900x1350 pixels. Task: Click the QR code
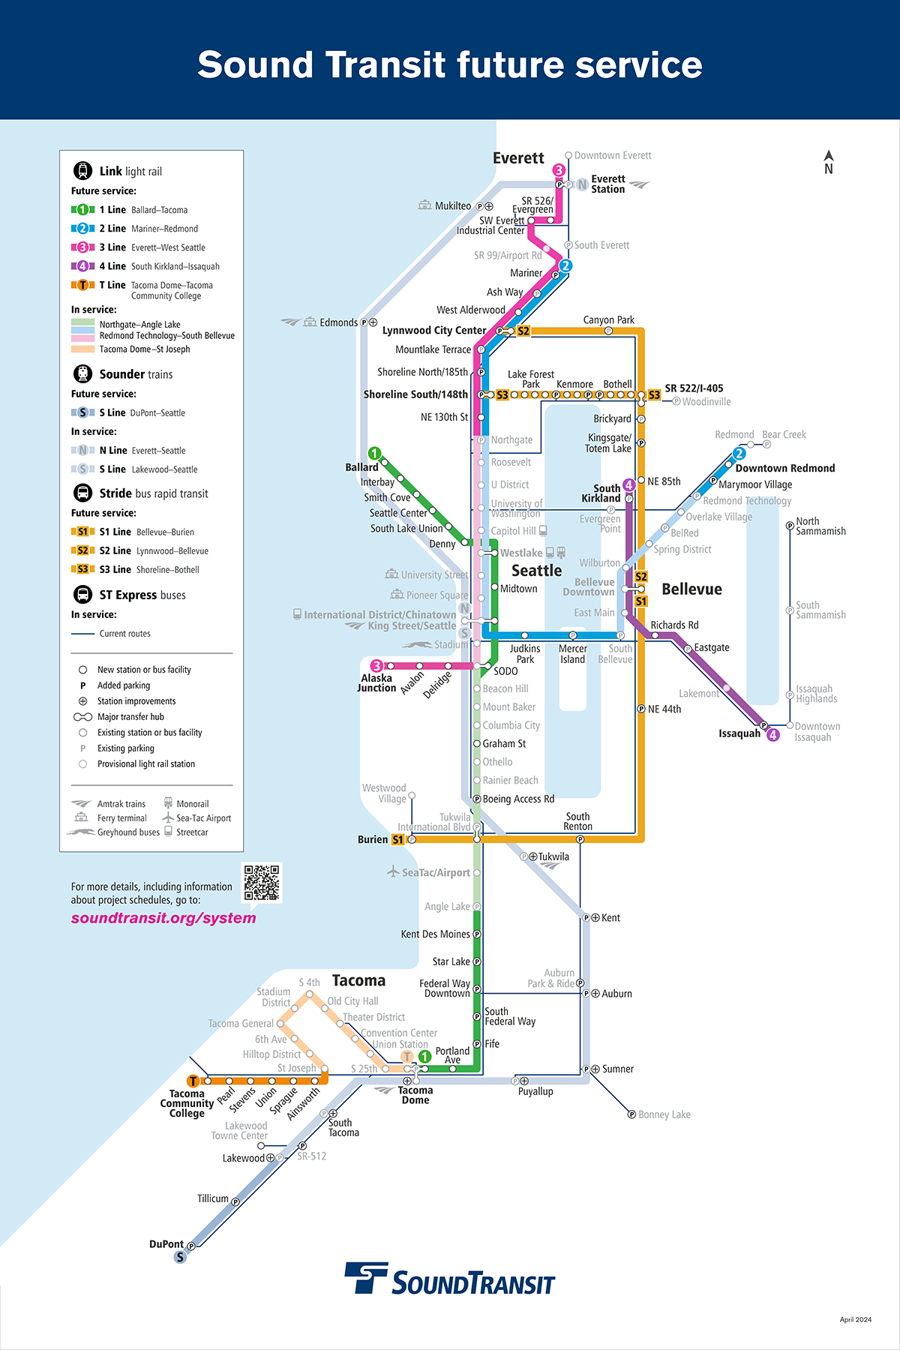pyautogui.click(x=262, y=882)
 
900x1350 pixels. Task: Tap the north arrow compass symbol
pyautogui.click(x=829, y=162)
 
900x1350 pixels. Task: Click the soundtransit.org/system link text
pyautogui.click(x=163, y=918)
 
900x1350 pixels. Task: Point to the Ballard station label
pyautogui.click(x=361, y=467)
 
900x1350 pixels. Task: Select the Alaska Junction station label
pyautogui.click(x=376, y=683)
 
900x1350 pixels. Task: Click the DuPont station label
pyautogui.click(x=166, y=1244)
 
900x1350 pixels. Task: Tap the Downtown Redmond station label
pyautogui.click(x=785, y=468)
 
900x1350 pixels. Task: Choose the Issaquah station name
pyautogui.click(x=739, y=733)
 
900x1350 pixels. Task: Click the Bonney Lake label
pyautogui.click(x=664, y=1115)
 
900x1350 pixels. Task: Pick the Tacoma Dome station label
pyautogui.click(x=415, y=1095)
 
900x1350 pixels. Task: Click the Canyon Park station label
pyautogui.click(x=609, y=320)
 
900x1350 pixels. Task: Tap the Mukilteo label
pyautogui.click(x=453, y=206)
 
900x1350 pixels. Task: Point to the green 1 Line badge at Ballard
pyautogui.click(x=374, y=454)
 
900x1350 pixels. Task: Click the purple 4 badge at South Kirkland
pyautogui.click(x=629, y=485)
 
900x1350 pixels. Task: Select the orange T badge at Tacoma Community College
pyautogui.click(x=193, y=1081)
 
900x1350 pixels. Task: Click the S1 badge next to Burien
pyautogui.click(x=398, y=839)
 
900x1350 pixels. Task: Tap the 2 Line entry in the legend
pyautogui.click(x=135, y=229)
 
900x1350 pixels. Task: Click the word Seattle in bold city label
pyautogui.click(x=536, y=571)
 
